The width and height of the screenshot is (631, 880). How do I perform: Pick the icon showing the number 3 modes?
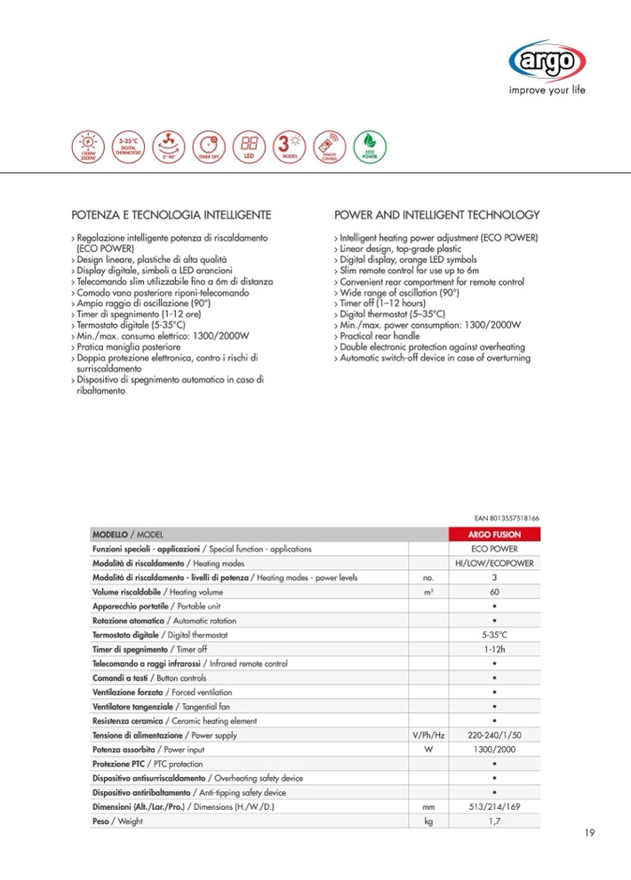288,146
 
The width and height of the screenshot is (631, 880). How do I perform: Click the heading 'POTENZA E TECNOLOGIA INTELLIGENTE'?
171,215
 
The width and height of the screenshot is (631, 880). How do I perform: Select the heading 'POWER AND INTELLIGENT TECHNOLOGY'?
436,215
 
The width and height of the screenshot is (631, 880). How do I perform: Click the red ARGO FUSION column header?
494,535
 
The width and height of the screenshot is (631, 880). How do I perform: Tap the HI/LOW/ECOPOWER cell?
494,564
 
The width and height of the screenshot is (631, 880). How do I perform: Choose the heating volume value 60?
494,591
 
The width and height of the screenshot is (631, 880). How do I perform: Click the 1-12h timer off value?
494,649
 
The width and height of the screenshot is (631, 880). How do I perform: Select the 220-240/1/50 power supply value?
494,735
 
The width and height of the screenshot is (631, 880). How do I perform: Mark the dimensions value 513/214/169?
494,807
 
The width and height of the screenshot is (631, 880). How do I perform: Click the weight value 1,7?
494,821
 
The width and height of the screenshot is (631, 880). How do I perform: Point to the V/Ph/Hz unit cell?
427,735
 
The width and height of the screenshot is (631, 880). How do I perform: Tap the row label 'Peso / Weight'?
116,821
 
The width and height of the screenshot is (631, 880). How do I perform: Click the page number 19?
590,832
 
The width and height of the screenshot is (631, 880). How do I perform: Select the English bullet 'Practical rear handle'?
379,337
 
